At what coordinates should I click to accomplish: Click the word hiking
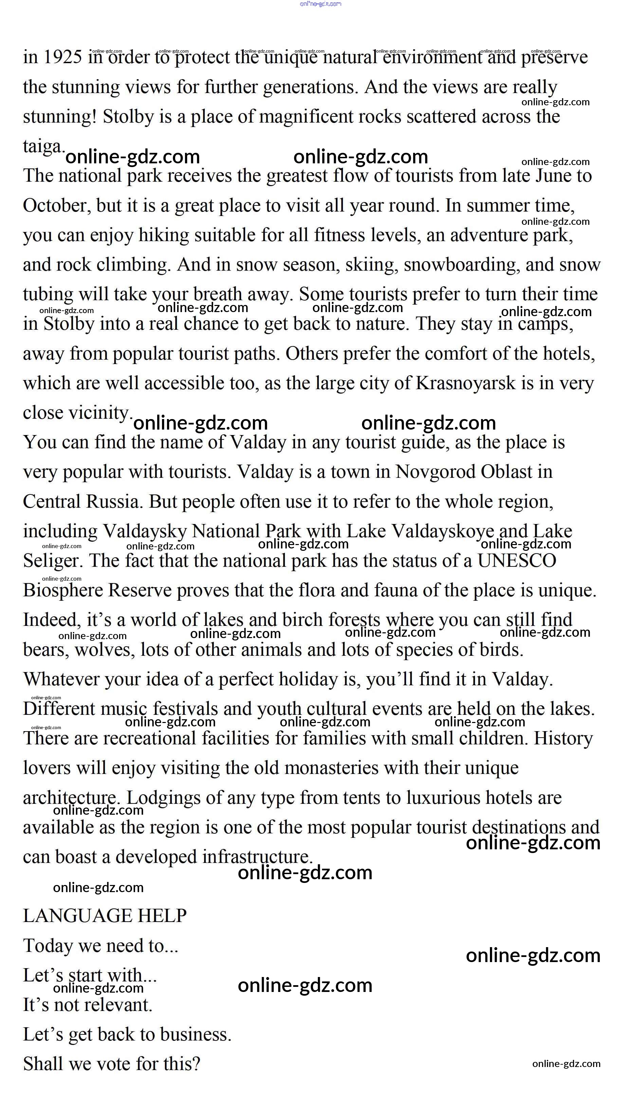coord(164,235)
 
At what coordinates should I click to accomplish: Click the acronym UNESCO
coord(516,561)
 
